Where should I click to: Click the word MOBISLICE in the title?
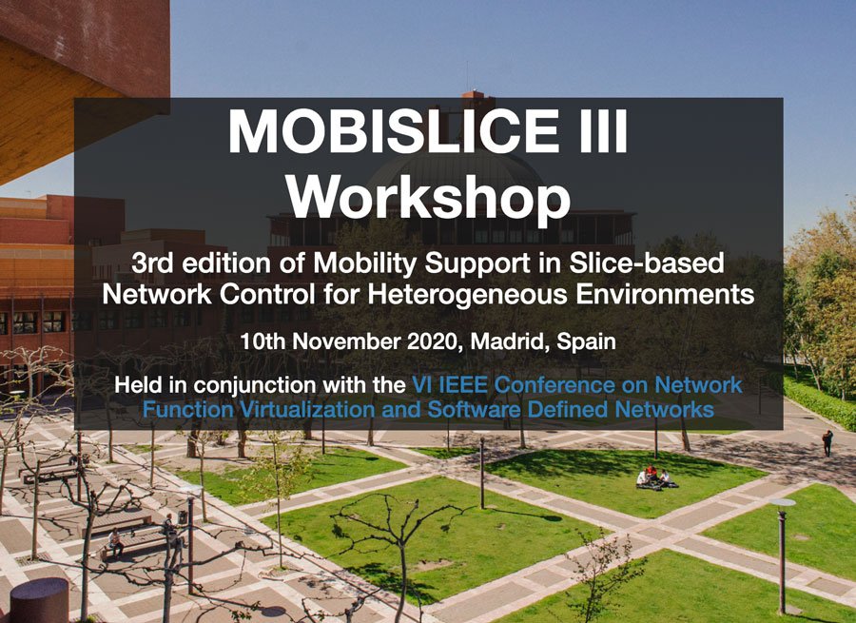[394, 131]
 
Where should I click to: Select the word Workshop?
[429, 198]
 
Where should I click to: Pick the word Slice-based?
[647, 263]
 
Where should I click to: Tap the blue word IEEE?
[463, 385]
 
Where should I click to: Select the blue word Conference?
[555, 385]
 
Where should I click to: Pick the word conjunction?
[255, 386]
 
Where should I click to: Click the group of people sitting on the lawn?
[655, 478]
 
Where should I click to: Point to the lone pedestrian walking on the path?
[827, 443]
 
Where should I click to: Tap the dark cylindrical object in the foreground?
[39, 600]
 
